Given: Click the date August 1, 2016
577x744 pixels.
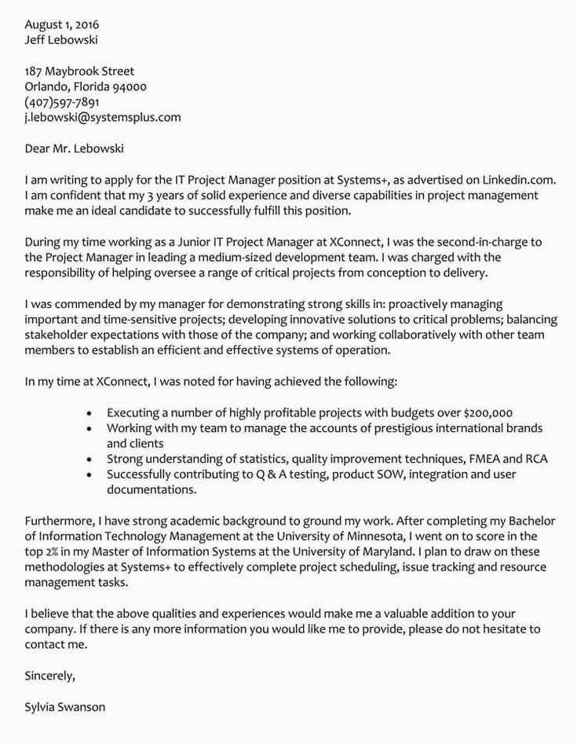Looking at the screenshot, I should [56, 24].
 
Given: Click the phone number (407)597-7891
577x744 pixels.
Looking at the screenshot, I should [62, 102].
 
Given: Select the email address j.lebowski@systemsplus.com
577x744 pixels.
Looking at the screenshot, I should [103, 118].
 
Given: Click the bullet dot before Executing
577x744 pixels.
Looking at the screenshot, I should [91, 412].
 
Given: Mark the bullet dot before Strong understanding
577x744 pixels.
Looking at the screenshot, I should [91, 459].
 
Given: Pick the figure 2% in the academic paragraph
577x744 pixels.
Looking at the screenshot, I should [55, 552].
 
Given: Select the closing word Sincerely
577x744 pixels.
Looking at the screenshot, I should [50, 675].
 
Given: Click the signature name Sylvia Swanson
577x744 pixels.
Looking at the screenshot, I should [65, 706].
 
